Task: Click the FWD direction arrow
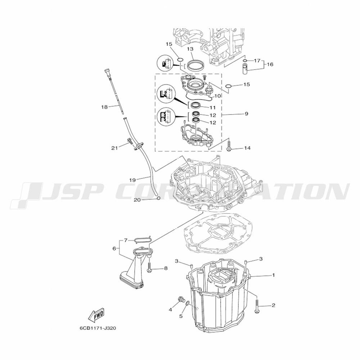tap(96, 314)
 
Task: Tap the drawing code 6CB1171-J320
tap(98, 328)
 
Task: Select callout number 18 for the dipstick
tap(104, 107)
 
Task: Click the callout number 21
tap(114, 148)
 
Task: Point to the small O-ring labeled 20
tap(158, 198)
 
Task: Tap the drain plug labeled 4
tap(181, 300)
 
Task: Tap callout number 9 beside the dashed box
tap(246, 114)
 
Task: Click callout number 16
tap(270, 64)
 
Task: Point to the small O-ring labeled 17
tap(245, 61)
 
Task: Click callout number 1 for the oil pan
tap(273, 275)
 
